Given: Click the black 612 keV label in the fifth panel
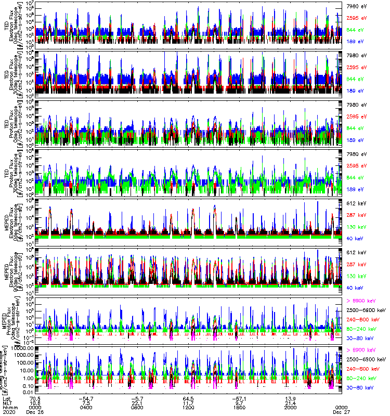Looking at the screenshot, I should tap(356, 203).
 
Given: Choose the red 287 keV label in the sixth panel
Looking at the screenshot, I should tap(356, 264).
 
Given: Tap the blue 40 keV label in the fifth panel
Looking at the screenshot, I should tap(355, 238).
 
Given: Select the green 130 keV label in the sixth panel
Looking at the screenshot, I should tap(356, 276).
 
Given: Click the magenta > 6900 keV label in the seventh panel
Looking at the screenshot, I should tap(362, 302).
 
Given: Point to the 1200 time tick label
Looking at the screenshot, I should tap(188, 407).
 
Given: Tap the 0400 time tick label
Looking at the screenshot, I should tap(86, 407).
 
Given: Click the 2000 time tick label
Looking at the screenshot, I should tap(290, 407).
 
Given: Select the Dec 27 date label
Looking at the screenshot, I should tap(341, 412).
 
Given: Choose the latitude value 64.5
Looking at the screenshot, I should tap(188, 398).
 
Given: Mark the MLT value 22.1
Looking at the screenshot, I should tap(137, 402).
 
